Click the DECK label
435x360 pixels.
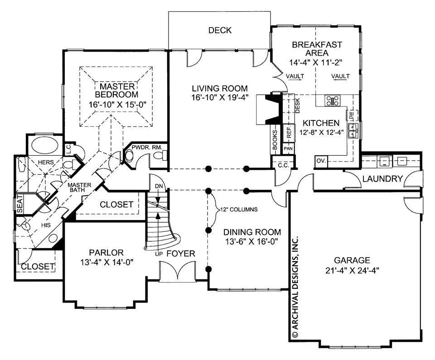tap(220, 30)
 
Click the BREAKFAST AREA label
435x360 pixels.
tap(317, 49)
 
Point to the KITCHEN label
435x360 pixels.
tap(321, 123)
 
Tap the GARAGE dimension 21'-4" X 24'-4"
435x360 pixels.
tap(352, 270)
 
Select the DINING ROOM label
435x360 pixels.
tap(252, 232)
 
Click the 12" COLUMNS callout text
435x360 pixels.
tap(240, 210)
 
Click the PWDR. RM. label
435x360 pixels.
tap(144, 148)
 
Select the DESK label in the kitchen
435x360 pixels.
tap(298, 106)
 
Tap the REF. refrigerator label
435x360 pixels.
tap(288, 132)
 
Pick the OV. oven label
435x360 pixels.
tap(320, 161)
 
